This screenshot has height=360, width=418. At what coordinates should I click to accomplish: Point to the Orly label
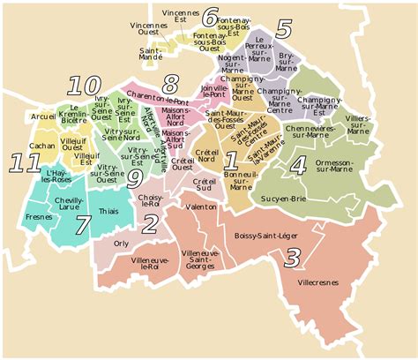point(122,242)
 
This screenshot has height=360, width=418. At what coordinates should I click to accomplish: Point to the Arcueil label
point(42,116)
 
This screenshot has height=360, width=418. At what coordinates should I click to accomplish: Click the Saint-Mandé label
point(158,55)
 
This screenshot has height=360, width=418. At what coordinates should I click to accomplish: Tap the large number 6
point(210,17)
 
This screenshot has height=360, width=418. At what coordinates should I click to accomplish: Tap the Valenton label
point(202,206)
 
